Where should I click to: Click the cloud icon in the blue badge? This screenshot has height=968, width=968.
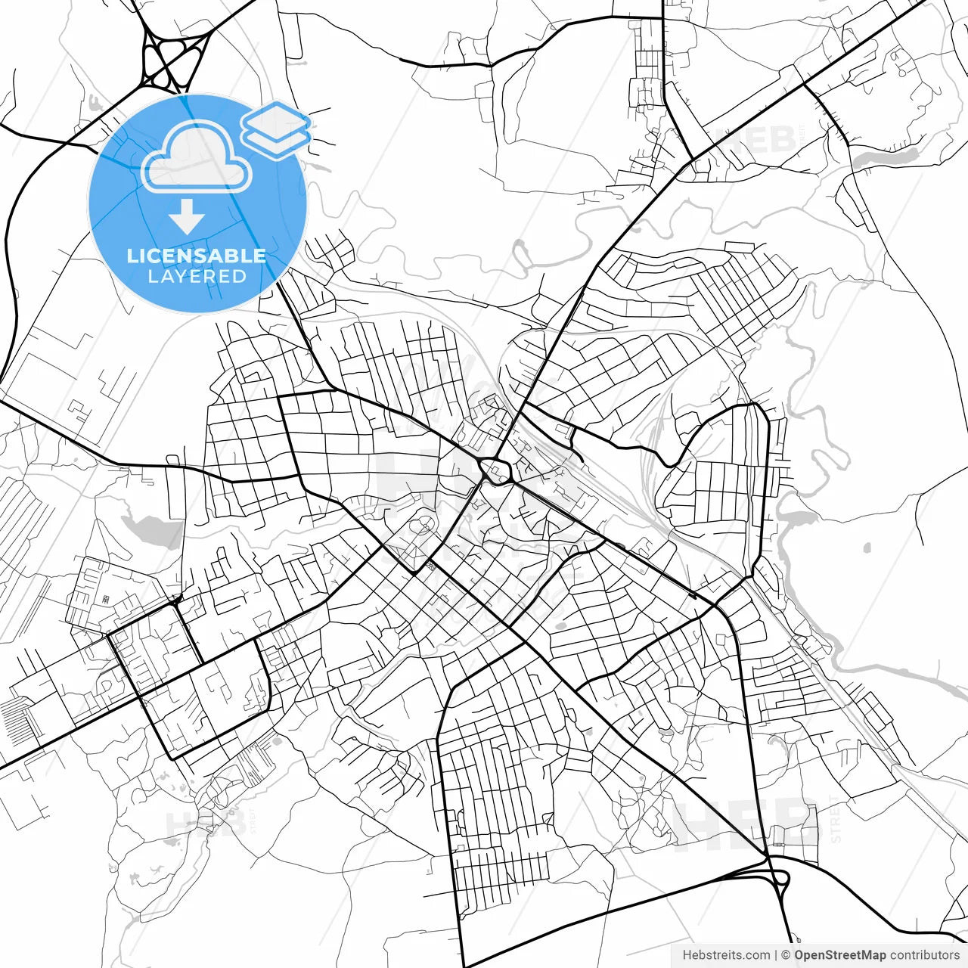(x=197, y=159)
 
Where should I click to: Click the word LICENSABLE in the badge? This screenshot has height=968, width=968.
(x=197, y=256)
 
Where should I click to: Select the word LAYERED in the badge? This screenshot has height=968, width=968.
(x=197, y=277)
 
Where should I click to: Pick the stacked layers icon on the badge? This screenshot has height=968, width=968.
(x=276, y=129)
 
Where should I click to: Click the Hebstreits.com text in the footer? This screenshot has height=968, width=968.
(x=726, y=955)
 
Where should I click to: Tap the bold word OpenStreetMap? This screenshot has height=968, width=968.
(x=839, y=955)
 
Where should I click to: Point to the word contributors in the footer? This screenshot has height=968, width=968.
(x=924, y=955)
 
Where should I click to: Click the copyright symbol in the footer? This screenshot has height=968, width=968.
(x=786, y=955)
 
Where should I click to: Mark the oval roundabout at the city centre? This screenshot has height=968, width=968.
(x=496, y=471)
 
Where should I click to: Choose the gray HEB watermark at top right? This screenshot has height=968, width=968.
(x=756, y=141)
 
